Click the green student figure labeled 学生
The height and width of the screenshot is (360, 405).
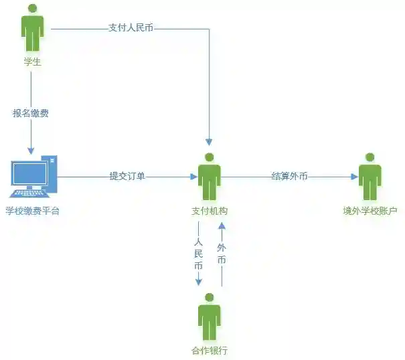tap(31, 28)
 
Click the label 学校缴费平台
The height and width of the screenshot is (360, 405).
tap(32, 211)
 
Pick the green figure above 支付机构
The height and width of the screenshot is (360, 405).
tap(210, 177)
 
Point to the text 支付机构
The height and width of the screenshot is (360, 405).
tap(210, 211)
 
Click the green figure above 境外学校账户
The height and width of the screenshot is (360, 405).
tap(370, 177)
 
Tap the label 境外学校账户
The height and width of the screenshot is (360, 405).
tap(370, 211)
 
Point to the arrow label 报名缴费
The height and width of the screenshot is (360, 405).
tap(31, 113)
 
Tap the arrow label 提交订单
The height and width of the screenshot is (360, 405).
tap(127, 177)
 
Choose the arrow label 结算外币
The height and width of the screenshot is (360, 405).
tap(289, 177)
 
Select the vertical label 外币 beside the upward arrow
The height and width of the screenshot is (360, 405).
tap(222, 254)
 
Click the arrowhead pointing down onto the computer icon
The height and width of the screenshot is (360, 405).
tap(31, 150)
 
